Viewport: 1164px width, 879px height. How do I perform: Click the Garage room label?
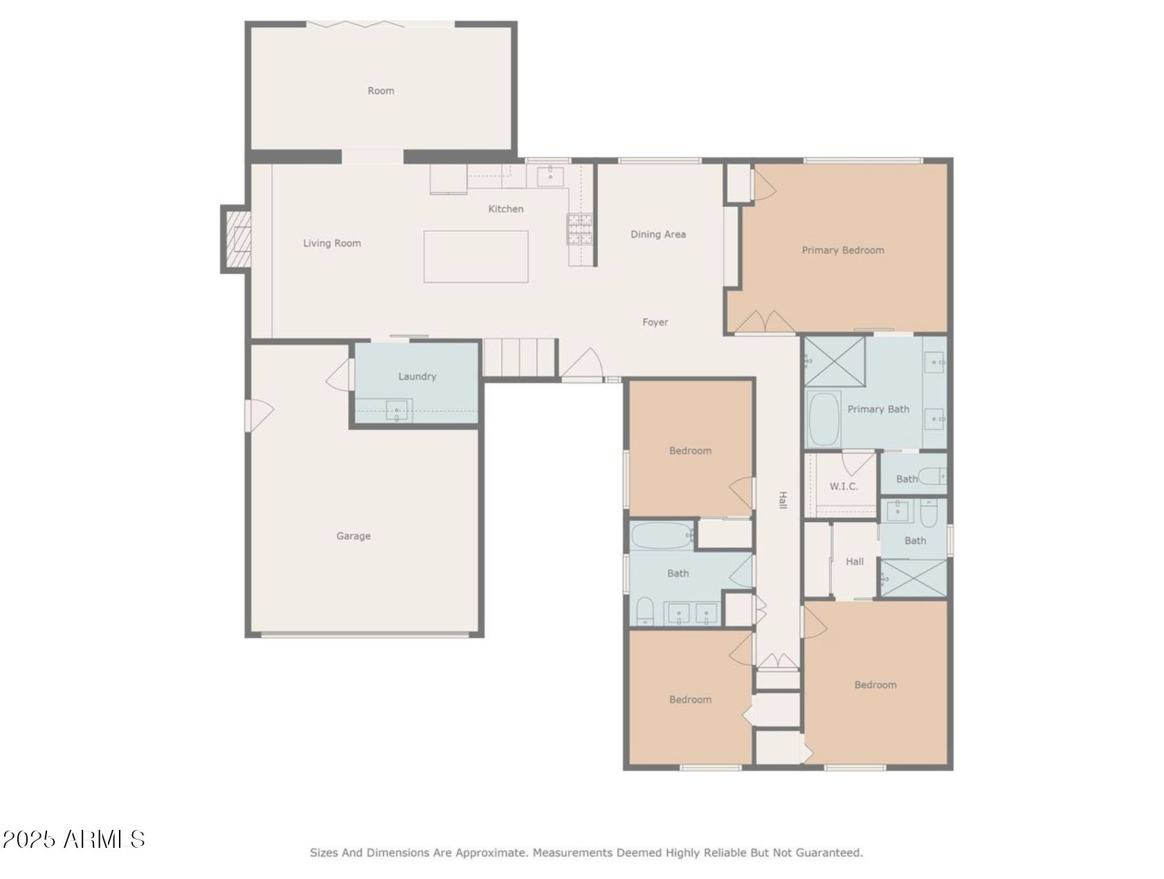353,536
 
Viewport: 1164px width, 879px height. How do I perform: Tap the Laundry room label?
417,377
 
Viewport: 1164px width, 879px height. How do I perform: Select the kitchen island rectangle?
476,257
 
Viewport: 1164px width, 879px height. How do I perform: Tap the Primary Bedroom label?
842,251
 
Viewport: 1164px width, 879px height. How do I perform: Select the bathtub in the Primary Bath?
824,419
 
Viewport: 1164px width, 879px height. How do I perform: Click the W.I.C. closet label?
844,487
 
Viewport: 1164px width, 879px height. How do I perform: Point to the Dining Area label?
657,235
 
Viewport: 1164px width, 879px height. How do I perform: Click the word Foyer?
655,323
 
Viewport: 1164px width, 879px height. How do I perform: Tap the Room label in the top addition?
381,91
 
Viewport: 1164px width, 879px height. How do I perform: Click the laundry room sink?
397,411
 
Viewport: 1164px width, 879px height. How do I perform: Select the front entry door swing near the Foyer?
583,365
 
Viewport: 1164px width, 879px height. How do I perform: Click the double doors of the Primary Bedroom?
764,323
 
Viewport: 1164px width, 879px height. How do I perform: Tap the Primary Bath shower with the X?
835,361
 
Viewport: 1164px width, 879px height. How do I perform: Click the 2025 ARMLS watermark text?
73,840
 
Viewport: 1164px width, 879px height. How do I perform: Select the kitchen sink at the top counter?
550,176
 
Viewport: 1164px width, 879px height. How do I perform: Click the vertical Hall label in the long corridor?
783,500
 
